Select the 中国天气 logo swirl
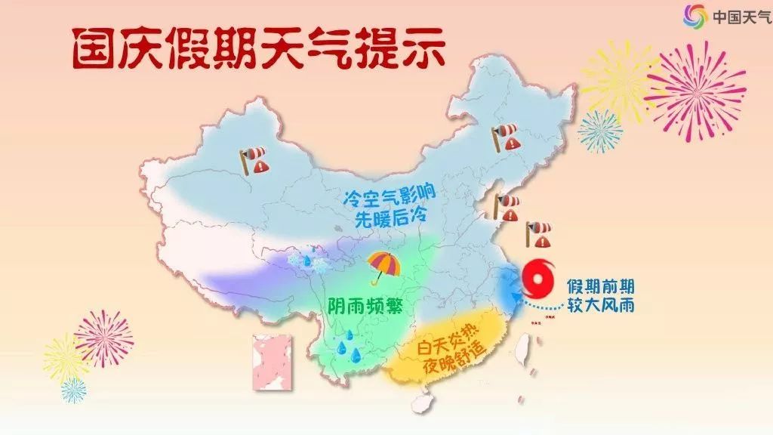tap(694, 15)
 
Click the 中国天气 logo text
tap(740, 15)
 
